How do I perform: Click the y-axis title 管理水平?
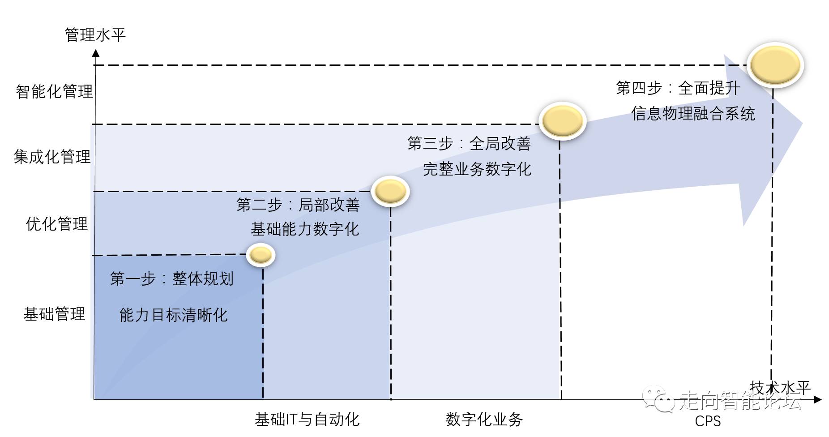pos(95,35)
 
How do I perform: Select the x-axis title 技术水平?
pos(779,388)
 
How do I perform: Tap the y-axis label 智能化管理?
pos(54,91)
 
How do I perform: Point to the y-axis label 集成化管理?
pos(52,157)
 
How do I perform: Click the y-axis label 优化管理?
pos(56,224)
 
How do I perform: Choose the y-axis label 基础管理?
pos(54,314)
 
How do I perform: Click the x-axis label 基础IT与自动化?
pos(307,420)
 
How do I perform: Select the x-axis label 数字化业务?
pos(484,420)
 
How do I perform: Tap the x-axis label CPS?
pos(708,421)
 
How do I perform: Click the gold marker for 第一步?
pos(261,255)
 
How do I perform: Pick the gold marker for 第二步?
pos(390,191)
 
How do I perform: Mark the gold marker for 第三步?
pos(562,121)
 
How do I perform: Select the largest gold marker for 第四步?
pos(775,65)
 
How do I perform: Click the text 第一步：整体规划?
pos(172,278)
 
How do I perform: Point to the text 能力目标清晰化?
pos(173,315)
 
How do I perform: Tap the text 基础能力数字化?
pos(305,229)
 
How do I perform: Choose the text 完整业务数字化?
pos(477,169)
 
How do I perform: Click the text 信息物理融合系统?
pos(693,114)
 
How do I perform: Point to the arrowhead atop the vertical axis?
pos(95,53)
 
